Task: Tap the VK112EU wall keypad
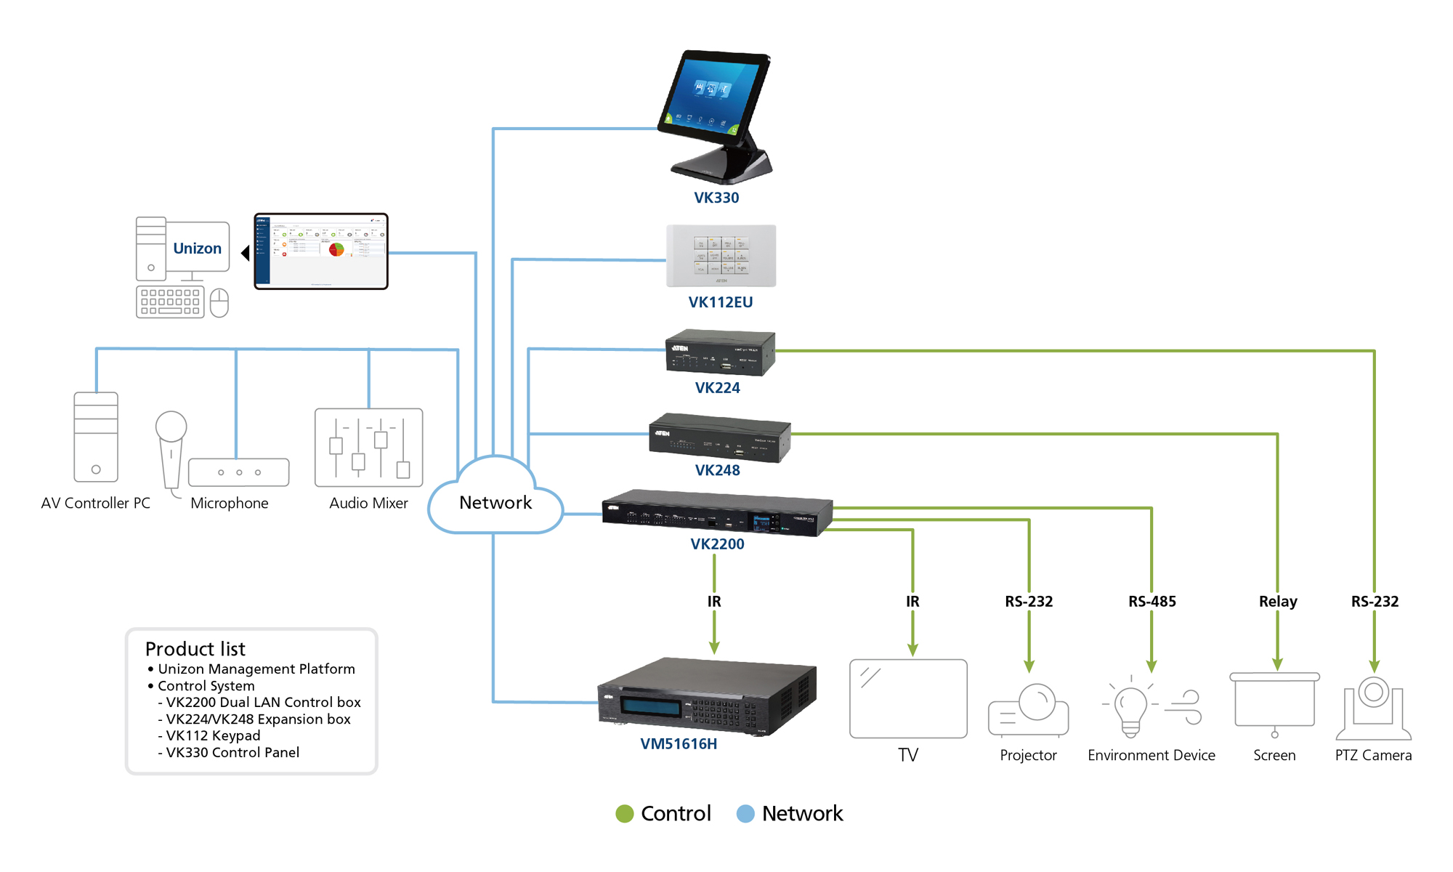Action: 721,256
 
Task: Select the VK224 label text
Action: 717,388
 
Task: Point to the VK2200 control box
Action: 717,513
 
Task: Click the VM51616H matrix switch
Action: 706,698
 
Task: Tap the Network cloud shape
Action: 495,498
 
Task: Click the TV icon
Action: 908,698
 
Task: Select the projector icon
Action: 1029,711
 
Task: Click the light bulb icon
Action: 1130,708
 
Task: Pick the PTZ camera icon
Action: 1373,708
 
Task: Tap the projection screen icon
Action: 1274,702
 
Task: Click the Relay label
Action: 1278,602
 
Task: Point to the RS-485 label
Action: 1152,602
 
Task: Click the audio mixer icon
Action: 368,447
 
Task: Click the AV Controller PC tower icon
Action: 96,437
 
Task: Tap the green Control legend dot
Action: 624,814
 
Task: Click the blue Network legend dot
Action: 745,814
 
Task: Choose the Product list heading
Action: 195,649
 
